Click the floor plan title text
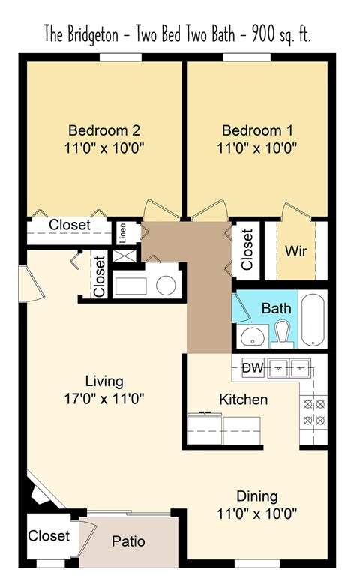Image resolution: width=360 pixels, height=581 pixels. click(178, 34)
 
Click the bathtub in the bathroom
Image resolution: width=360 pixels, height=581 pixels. click(314, 319)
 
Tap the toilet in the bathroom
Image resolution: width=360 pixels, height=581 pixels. click(283, 332)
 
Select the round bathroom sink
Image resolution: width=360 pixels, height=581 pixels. click(255, 337)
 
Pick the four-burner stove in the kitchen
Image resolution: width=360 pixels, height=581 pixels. click(313, 412)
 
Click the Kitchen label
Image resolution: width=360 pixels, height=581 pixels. click(243, 399)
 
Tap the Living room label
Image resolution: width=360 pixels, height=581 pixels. click(103, 381)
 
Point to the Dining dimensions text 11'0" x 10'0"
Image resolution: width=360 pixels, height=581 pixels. click(257, 514)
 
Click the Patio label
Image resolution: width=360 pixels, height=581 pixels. click(128, 541)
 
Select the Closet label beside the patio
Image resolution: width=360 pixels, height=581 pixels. click(49, 535)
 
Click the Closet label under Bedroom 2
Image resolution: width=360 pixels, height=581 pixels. click(70, 224)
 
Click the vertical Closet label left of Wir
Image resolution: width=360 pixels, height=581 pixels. click(247, 250)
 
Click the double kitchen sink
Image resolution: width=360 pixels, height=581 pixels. click(290, 367)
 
